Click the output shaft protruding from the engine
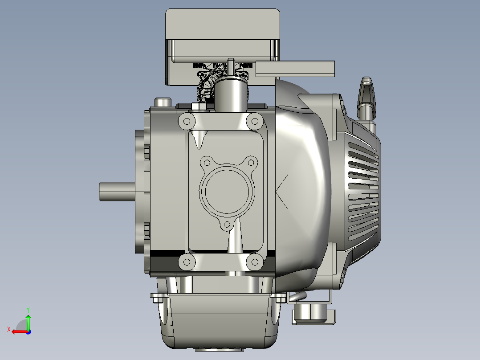[117, 192]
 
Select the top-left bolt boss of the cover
[187, 121]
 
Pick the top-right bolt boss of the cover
[255, 121]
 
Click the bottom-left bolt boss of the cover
[187, 262]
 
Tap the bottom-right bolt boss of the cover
[255, 262]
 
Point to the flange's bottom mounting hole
[227, 225]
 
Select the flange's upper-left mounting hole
[207, 162]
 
